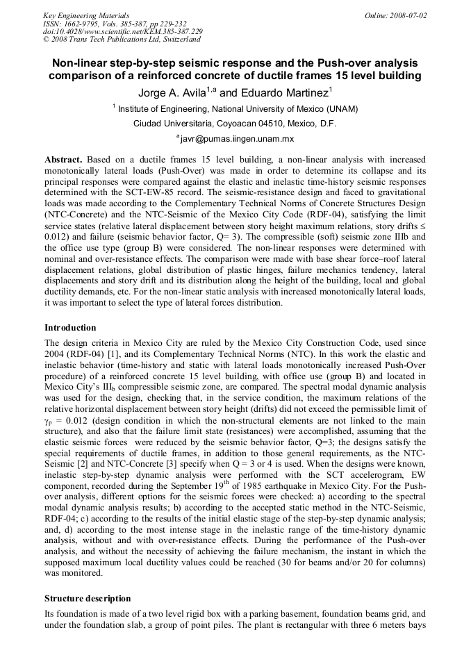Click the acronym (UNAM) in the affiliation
(x=337, y=109)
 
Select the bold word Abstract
(x=63, y=159)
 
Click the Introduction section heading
(x=70, y=327)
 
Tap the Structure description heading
(x=87, y=598)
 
